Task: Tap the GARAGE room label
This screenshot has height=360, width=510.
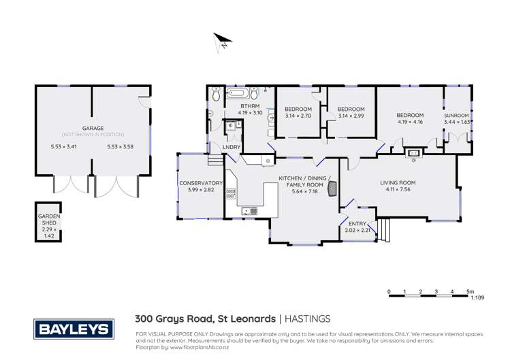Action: click(x=93, y=128)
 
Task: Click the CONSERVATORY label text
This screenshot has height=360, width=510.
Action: click(x=201, y=183)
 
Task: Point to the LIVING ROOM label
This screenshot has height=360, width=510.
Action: click(x=398, y=182)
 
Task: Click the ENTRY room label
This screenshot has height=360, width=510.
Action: click(x=357, y=224)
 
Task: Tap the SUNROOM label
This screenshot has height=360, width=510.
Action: click(x=456, y=116)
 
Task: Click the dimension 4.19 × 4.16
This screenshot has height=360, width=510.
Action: click(x=410, y=122)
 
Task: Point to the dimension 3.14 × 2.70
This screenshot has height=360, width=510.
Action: click(x=298, y=116)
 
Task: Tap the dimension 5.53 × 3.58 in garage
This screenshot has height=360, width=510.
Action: click(x=121, y=146)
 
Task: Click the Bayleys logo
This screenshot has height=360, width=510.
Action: click(x=73, y=330)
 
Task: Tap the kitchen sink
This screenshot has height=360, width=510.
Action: click(x=250, y=211)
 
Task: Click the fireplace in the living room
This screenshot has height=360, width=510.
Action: click(x=413, y=154)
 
